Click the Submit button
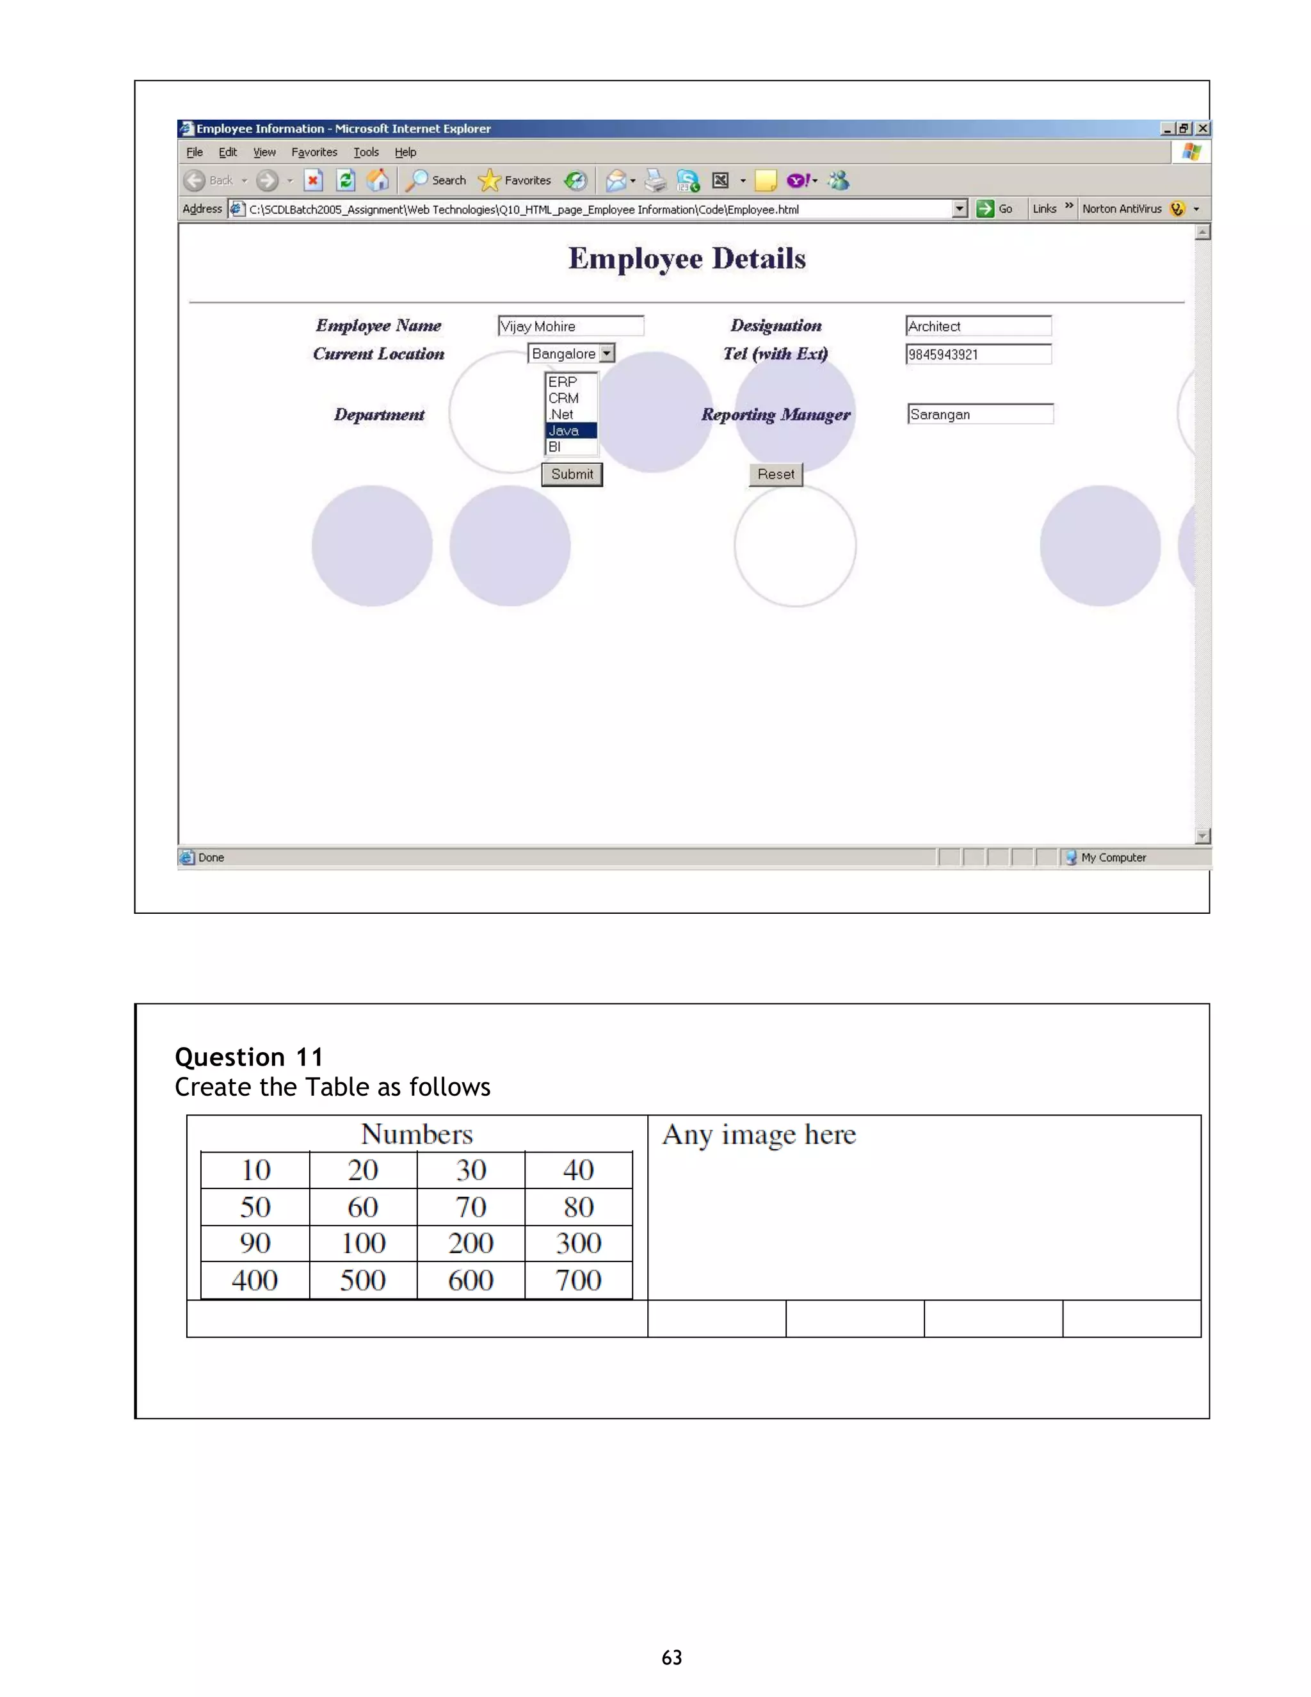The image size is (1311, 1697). click(x=572, y=474)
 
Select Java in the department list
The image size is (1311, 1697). click(x=570, y=430)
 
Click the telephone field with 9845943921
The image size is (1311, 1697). click(x=978, y=354)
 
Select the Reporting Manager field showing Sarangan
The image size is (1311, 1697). click(x=979, y=414)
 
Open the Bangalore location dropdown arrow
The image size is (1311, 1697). click(x=607, y=353)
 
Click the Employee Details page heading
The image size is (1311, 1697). click(x=687, y=259)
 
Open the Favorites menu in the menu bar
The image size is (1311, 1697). click(x=314, y=152)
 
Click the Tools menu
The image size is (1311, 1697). click(x=366, y=152)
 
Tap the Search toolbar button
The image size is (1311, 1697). click(x=438, y=181)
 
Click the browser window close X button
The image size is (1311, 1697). click(x=1202, y=128)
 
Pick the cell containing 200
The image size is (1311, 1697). click(x=471, y=1243)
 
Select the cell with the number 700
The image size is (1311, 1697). click(x=578, y=1279)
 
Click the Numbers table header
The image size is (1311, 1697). click(x=417, y=1133)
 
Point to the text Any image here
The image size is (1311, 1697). click(x=759, y=1135)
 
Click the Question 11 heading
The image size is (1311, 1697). click(x=248, y=1057)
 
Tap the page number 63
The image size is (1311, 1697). click(x=672, y=1657)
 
